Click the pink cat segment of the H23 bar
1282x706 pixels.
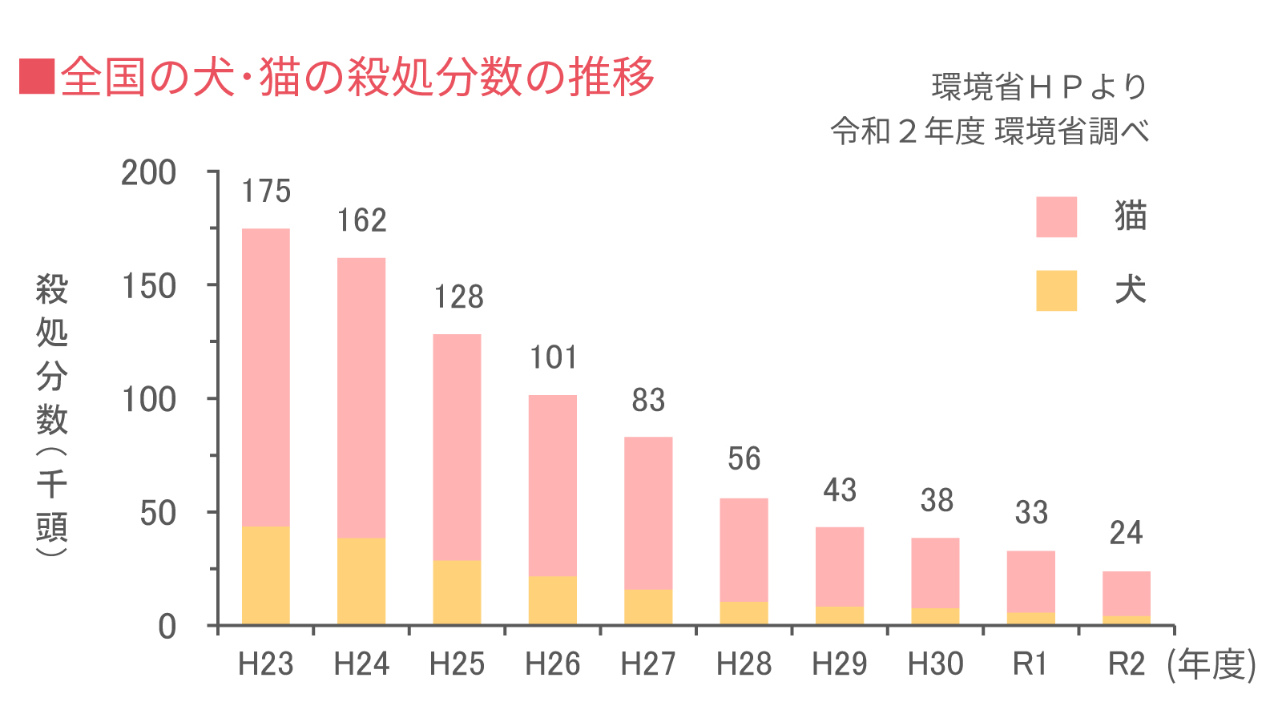(x=265, y=377)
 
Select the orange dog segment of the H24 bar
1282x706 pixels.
(x=361, y=581)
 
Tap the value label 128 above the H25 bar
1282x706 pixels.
(x=458, y=297)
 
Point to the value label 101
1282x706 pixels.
(x=553, y=357)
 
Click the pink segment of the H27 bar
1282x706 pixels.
(x=648, y=513)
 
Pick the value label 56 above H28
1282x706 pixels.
(x=744, y=459)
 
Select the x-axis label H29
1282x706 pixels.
(x=839, y=664)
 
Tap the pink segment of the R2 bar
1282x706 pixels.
(x=1126, y=593)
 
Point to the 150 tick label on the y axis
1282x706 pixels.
(x=149, y=286)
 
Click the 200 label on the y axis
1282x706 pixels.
(x=149, y=173)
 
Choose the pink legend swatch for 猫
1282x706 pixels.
(x=1056, y=217)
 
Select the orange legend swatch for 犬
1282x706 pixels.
(x=1056, y=290)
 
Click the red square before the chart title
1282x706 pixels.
(x=37, y=76)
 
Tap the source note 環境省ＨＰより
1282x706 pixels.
(x=1039, y=87)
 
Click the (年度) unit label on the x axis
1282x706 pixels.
(x=1211, y=664)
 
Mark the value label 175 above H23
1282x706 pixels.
(x=266, y=192)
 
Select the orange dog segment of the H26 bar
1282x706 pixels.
(x=552, y=600)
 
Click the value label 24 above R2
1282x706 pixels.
(x=1126, y=533)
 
